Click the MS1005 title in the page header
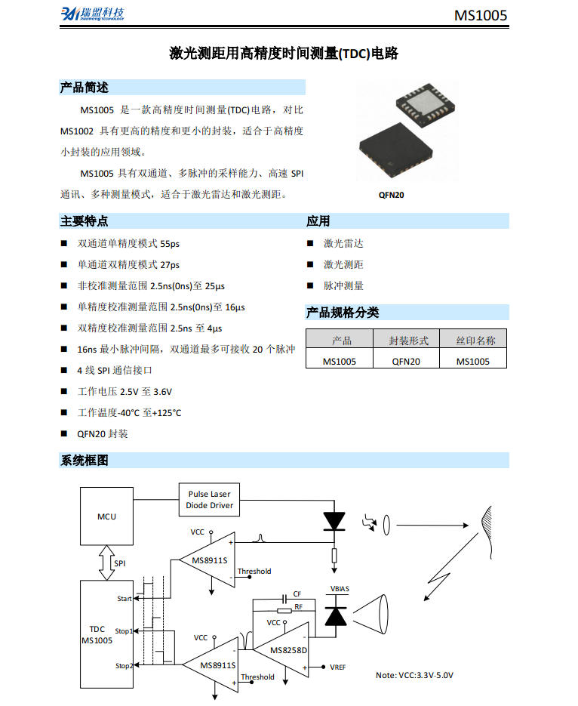point(481,15)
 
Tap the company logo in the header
point(92,14)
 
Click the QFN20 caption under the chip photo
point(391,195)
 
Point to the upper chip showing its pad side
point(425,104)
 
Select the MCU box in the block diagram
point(106,516)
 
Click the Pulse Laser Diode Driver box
point(209,500)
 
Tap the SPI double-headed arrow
point(106,563)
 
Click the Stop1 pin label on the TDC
point(123,630)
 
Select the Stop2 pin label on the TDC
point(124,665)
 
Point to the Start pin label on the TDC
point(125,598)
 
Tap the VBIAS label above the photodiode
point(340,588)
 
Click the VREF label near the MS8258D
point(337,667)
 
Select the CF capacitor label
point(297,594)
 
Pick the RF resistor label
point(298,606)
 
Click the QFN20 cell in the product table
point(406,362)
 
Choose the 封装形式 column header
point(408,341)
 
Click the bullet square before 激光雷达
point(310,244)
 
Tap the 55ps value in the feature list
point(170,244)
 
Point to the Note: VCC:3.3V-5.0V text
point(414,675)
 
